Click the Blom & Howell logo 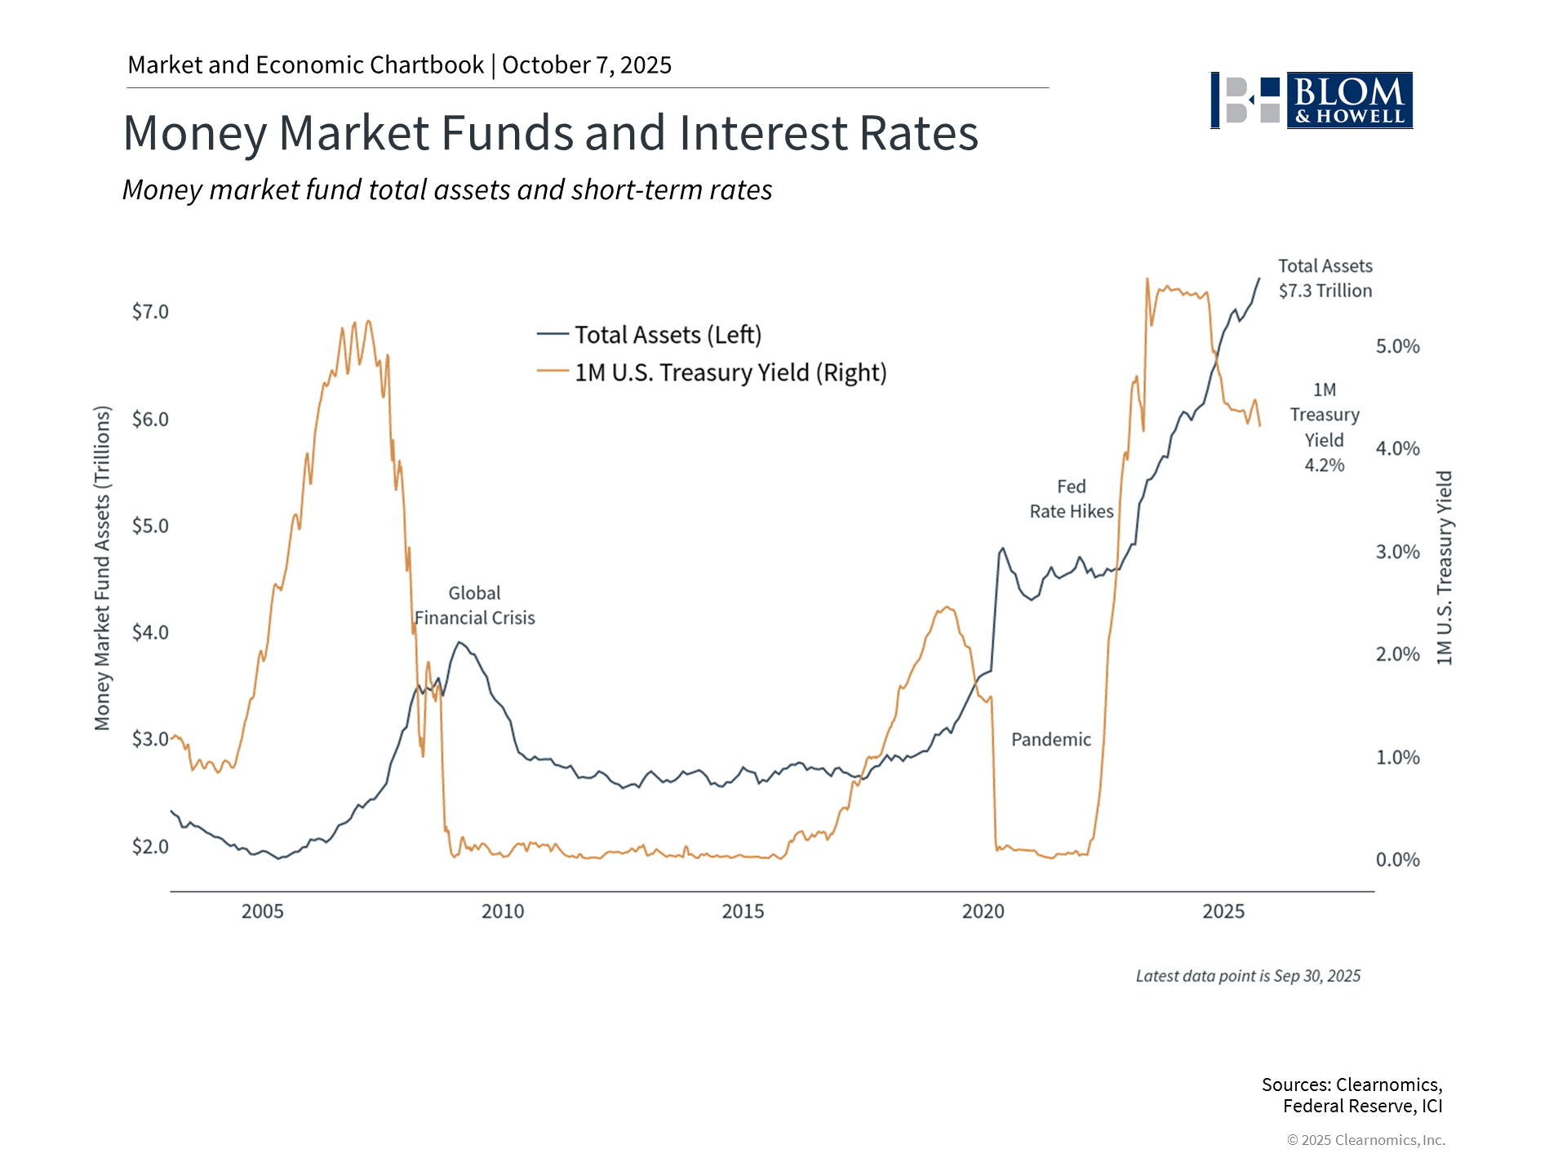coord(1311,100)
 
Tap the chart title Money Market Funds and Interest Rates coord(550,133)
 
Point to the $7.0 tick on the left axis coord(150,312)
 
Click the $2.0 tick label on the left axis coord(150,847)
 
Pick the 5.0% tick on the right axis coord(1397,346)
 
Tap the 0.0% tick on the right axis coord(1397,860)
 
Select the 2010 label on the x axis coord(503,911)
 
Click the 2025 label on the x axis coord(1223,911)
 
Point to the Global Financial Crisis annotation coord(474,606)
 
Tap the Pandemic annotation coord(1050,740)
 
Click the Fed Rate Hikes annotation coord(1071,499)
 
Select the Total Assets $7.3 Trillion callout coord(1325,278)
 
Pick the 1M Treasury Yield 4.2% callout coord(1324,427)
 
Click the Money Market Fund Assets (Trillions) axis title coord(102,568)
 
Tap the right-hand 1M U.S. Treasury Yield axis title coord(1445,568)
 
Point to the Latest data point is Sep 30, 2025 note coord(1248,976)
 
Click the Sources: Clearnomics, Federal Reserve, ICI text coord(1352,1095)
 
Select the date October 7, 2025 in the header coord(587,65)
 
